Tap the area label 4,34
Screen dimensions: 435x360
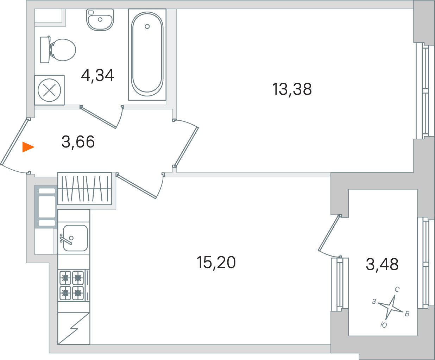(97, 75)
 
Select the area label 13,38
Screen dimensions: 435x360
(292, 89)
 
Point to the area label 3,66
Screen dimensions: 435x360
(78, 141)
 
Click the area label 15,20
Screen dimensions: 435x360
(216, 262)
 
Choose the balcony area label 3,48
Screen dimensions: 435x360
(382, 264)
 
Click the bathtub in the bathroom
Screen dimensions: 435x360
(147, 55)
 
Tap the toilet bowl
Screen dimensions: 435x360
(58, 50)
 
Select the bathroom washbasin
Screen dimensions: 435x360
(100, 20)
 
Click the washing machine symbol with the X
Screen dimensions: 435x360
(49, 90)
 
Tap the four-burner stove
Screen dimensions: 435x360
(74, 285)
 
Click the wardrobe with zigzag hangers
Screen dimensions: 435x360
(84, 189)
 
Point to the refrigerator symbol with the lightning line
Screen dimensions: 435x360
(74, 328)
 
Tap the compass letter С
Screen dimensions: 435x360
(397, 290)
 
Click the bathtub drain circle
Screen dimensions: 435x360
(147, 26)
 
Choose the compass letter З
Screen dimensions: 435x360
(374, 302)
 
